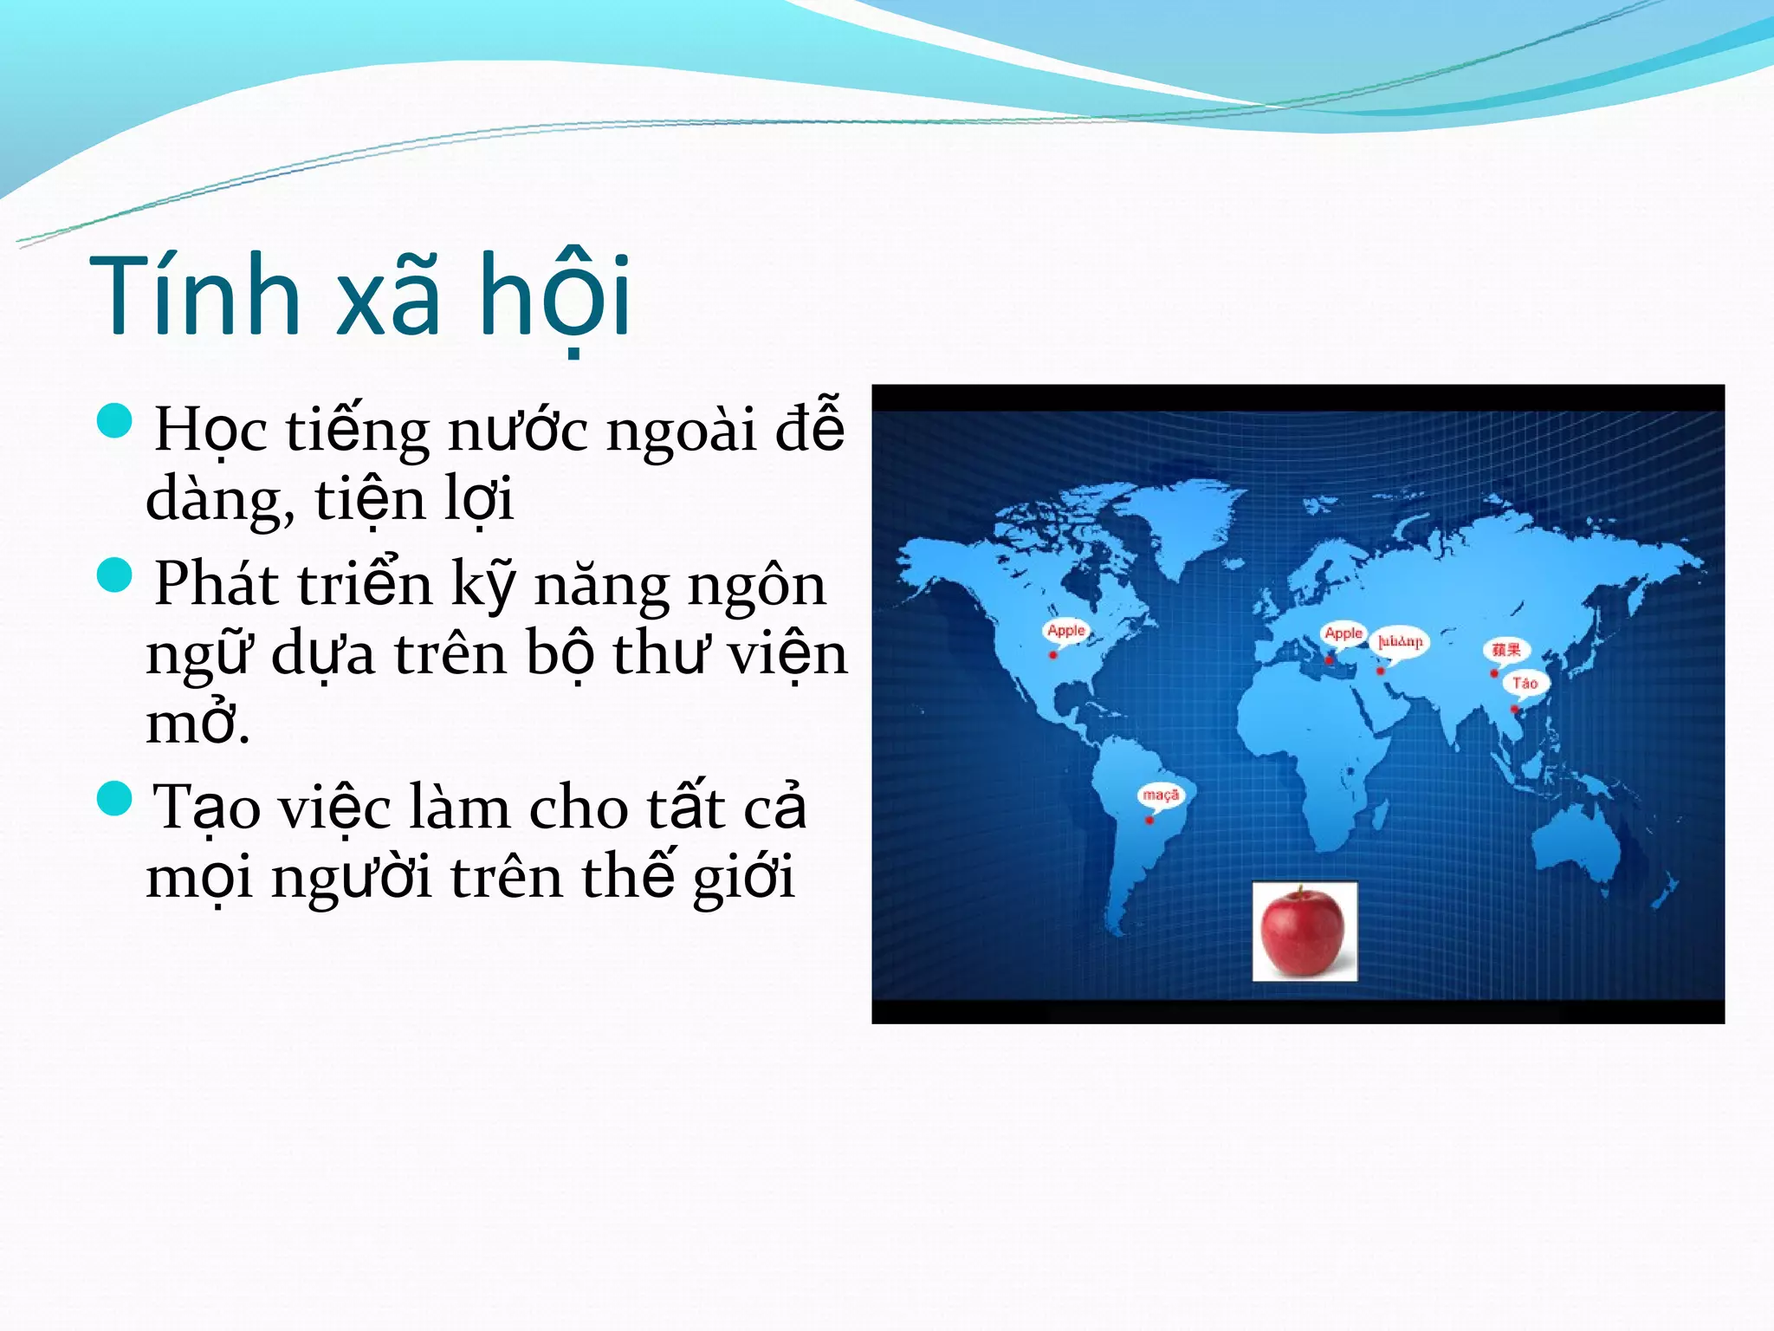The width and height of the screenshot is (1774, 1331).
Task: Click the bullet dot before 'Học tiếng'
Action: pos(114,421)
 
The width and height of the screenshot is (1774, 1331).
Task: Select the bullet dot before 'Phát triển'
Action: pos(114,575)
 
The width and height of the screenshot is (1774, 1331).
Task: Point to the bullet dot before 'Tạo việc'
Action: pos(114,798)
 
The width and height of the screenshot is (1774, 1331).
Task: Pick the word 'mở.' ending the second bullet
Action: pos(197,724)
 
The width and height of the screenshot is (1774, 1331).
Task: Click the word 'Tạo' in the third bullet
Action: pos(206,808)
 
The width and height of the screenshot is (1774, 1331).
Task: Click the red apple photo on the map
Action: pos(1304,932)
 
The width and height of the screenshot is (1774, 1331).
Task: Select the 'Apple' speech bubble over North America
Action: pos(1065,631)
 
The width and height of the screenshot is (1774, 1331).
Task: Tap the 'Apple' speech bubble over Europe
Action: pos(1343,633)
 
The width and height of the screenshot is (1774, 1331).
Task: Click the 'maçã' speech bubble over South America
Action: pos(1160,795)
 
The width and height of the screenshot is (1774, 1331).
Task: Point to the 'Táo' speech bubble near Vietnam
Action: pos(1525,683)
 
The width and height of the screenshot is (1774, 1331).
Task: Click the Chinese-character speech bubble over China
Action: pos(1505,649)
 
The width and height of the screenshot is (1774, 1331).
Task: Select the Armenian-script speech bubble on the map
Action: pos(1400,641)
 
